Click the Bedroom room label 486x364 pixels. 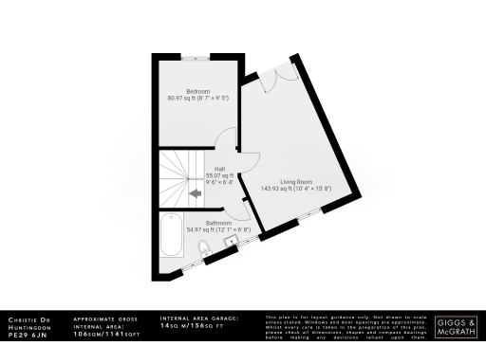(x=197, y=91)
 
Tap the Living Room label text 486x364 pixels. (x=295, y=181)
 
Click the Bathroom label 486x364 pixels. (x=205, y=224)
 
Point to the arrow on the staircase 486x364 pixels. (x=194, y=192)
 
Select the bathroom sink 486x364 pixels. (x=230, y=241)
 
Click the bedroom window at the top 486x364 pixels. (x=197, y=56)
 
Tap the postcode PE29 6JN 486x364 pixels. (x=27, y=335)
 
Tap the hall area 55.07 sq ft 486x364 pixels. (x=219, y=175)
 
